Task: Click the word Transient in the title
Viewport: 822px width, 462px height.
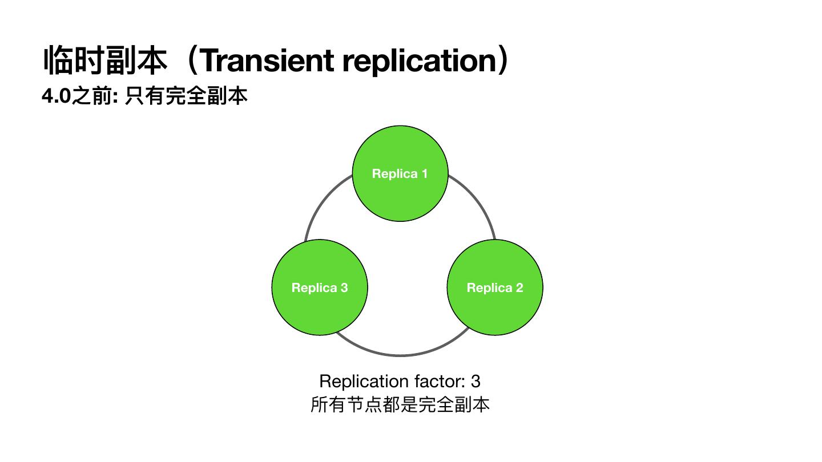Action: click(268, 60)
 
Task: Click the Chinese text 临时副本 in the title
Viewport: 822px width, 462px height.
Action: click(106, 60)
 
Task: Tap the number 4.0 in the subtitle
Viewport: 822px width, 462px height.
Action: click(56, 96)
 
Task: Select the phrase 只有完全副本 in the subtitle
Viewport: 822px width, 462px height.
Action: click(186, 96)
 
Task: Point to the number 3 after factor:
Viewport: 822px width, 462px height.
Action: click(476, 381)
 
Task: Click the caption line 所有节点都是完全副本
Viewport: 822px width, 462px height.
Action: click(400, 404)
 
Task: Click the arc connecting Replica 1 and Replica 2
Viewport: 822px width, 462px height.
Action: click(479, 203)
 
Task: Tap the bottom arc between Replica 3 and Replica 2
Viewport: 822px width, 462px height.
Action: click(400, 355)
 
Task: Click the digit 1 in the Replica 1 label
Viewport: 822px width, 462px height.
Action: click(424, 173)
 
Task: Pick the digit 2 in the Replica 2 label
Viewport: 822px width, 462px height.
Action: click(519, 287)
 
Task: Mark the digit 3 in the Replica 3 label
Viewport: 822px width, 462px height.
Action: click(344, 287)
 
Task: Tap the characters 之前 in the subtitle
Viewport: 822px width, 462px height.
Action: click(91, 96)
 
